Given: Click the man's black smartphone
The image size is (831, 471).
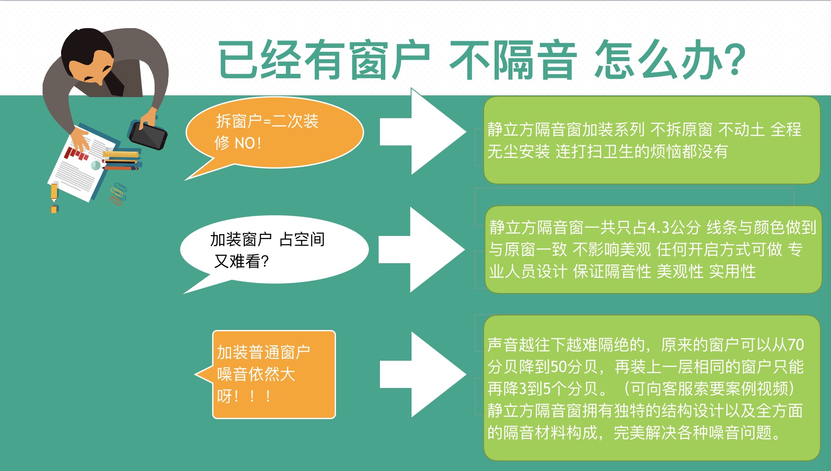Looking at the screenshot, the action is pyautogui.click(x=148, y=135).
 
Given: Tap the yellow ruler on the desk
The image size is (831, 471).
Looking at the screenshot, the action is pyautogui.click(x=120, y=154).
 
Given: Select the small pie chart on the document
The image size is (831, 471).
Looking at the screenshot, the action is pyautogui.click(x=95, y=166).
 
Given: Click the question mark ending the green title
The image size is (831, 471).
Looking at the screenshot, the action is pyautogui.click(x=734, y=60).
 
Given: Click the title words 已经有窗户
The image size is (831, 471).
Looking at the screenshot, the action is pyautogui.click(x=323, y=60).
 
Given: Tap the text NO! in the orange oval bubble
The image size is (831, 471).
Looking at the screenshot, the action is pyautogui.click(x=248, y=143).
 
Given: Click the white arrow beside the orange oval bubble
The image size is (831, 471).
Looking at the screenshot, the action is pyautogui.click(x=423, y=131).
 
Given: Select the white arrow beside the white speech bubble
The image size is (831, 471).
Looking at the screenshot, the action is pyautogui.click(x=422, y=250).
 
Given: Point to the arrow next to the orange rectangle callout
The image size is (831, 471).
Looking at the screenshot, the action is pyautogui.click(x=423, y=374).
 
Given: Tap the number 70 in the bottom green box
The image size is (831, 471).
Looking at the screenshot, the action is pyautogui.click(x=795, y=345).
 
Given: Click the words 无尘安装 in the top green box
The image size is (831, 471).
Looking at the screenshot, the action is pyautogui.click(x=519, y=152).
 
